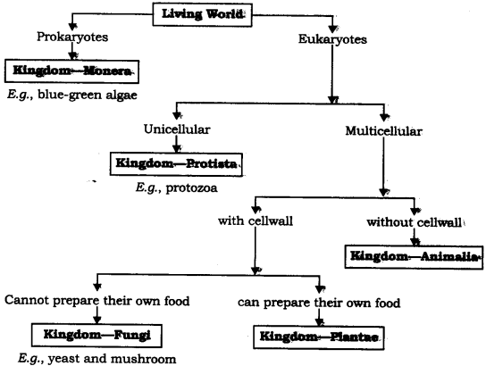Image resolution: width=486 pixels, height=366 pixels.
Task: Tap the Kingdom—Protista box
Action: [178, 164]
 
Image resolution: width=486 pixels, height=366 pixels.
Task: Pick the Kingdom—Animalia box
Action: [414, 257]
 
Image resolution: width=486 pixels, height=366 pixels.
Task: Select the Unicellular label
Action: [177, 130]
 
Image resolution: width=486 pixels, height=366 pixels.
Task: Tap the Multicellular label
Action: [383, 130]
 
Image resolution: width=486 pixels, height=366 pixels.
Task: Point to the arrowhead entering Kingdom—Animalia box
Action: [415, 241]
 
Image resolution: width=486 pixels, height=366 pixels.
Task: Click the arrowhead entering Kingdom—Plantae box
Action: [318, 322]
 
